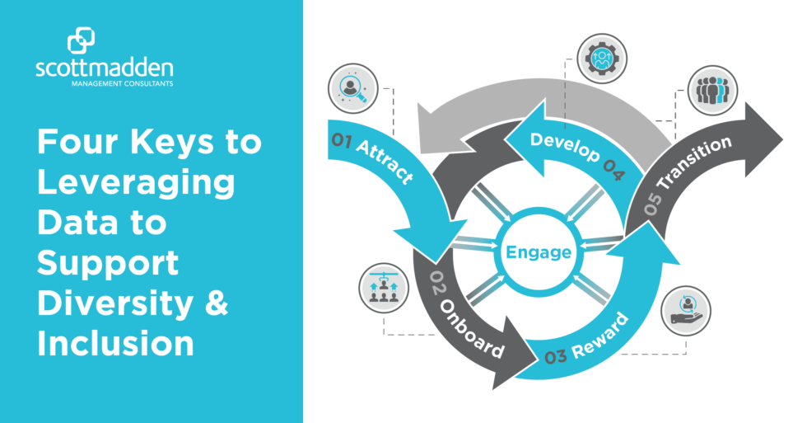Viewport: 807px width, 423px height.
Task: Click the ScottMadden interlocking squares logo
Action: pyautogui.click(x=82, y=42)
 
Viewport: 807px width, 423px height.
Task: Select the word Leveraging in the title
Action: pyautogui.click(x=136, y=182)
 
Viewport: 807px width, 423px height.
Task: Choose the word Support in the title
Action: pyautogui.click(x=108, y=263)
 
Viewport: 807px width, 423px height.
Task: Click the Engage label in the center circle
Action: pyautogui.click(x=539, y=251)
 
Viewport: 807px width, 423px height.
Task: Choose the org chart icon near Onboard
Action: pyautogui.click(x=384, y=289)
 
